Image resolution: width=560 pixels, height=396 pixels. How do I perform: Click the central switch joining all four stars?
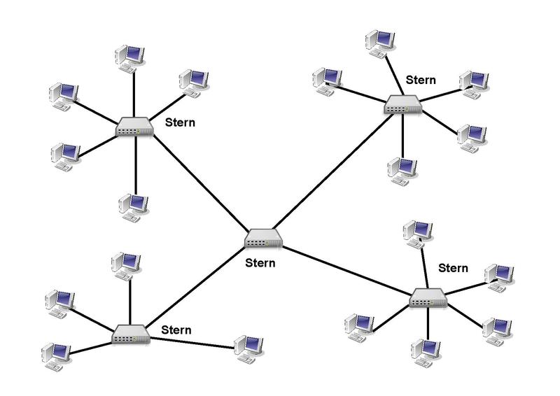(263, 239)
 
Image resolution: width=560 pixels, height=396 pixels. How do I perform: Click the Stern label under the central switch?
(260, 264)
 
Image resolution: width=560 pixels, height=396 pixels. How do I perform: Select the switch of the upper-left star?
(134, 127)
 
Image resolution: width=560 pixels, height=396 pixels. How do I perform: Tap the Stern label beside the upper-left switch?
(180, 122)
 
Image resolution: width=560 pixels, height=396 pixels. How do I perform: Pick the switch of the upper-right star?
(403, 106)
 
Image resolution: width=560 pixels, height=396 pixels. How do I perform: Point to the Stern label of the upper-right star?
(421, 80)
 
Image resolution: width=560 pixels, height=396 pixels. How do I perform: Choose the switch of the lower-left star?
(131, 334)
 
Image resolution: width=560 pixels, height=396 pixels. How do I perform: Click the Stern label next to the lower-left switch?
(176, 329)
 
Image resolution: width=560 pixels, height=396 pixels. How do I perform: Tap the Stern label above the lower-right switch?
(453, 268)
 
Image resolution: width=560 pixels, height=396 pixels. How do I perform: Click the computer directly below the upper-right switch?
(402, 170)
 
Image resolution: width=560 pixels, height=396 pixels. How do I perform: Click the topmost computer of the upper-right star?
(381, 42)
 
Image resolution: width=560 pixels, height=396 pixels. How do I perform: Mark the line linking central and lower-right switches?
(346, 269)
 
